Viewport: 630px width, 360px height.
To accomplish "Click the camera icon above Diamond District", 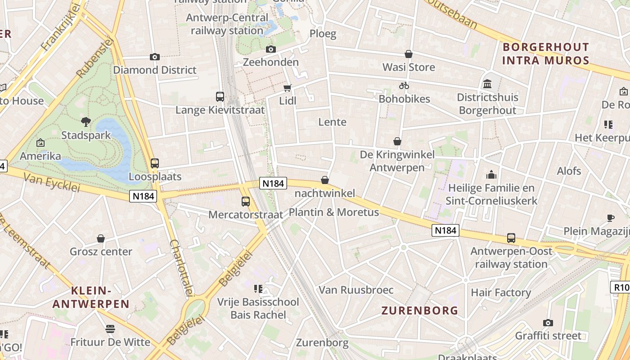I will coord(155,57).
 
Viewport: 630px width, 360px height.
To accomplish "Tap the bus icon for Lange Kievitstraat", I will coord(220,96).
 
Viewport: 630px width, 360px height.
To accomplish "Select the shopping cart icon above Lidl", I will coord(287,88).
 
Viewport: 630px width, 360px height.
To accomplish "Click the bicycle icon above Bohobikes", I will coord(404,85).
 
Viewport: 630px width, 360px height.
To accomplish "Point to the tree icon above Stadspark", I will coord(85,121).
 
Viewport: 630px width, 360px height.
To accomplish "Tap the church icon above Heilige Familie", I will coord(491,174).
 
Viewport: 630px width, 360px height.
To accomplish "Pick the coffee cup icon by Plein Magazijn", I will coord(611,218).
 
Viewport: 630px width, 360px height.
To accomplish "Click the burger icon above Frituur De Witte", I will coord(110,329).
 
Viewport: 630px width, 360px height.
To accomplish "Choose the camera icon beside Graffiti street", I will coord(548,323).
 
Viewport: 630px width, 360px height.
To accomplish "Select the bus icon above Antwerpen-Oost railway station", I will coord(511,238).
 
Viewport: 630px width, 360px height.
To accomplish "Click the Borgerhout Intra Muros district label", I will coord(545,54).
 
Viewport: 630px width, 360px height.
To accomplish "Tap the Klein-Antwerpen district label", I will coord(91,297).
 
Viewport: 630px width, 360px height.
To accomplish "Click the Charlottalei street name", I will coord(181,268).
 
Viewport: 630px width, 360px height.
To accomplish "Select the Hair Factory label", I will coord(501,292).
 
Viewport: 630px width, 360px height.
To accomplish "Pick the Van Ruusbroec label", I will coord(356,290).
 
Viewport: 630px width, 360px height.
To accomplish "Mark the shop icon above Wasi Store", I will coord(409,54).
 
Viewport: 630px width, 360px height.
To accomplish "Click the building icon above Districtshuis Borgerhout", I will coord(487,84).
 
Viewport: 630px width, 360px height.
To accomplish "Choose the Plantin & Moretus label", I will coord(334,212).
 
